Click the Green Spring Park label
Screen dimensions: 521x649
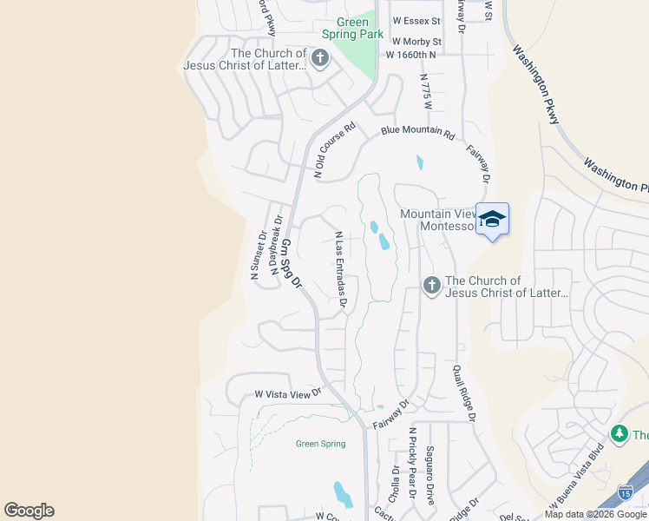pos(352,28)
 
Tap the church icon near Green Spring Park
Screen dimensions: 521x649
pos(320,59)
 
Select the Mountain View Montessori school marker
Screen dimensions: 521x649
pos(492,220)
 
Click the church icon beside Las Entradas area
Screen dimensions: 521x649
pos(432,286)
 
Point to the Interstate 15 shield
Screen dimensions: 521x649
pos(625,492)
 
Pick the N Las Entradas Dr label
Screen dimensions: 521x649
pos(341,270)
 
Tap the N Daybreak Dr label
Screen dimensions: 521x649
pos(276,244)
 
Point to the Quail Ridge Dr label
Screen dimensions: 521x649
pos(463,392)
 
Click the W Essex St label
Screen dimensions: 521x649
pos(416,19)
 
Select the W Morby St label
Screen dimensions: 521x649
pos(416,41)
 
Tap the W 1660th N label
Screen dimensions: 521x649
pos(410,55)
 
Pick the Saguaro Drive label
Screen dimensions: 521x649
pos(429,475)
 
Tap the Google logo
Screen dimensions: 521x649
pos(29,511)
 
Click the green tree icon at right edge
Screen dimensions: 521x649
pos(619,433)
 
